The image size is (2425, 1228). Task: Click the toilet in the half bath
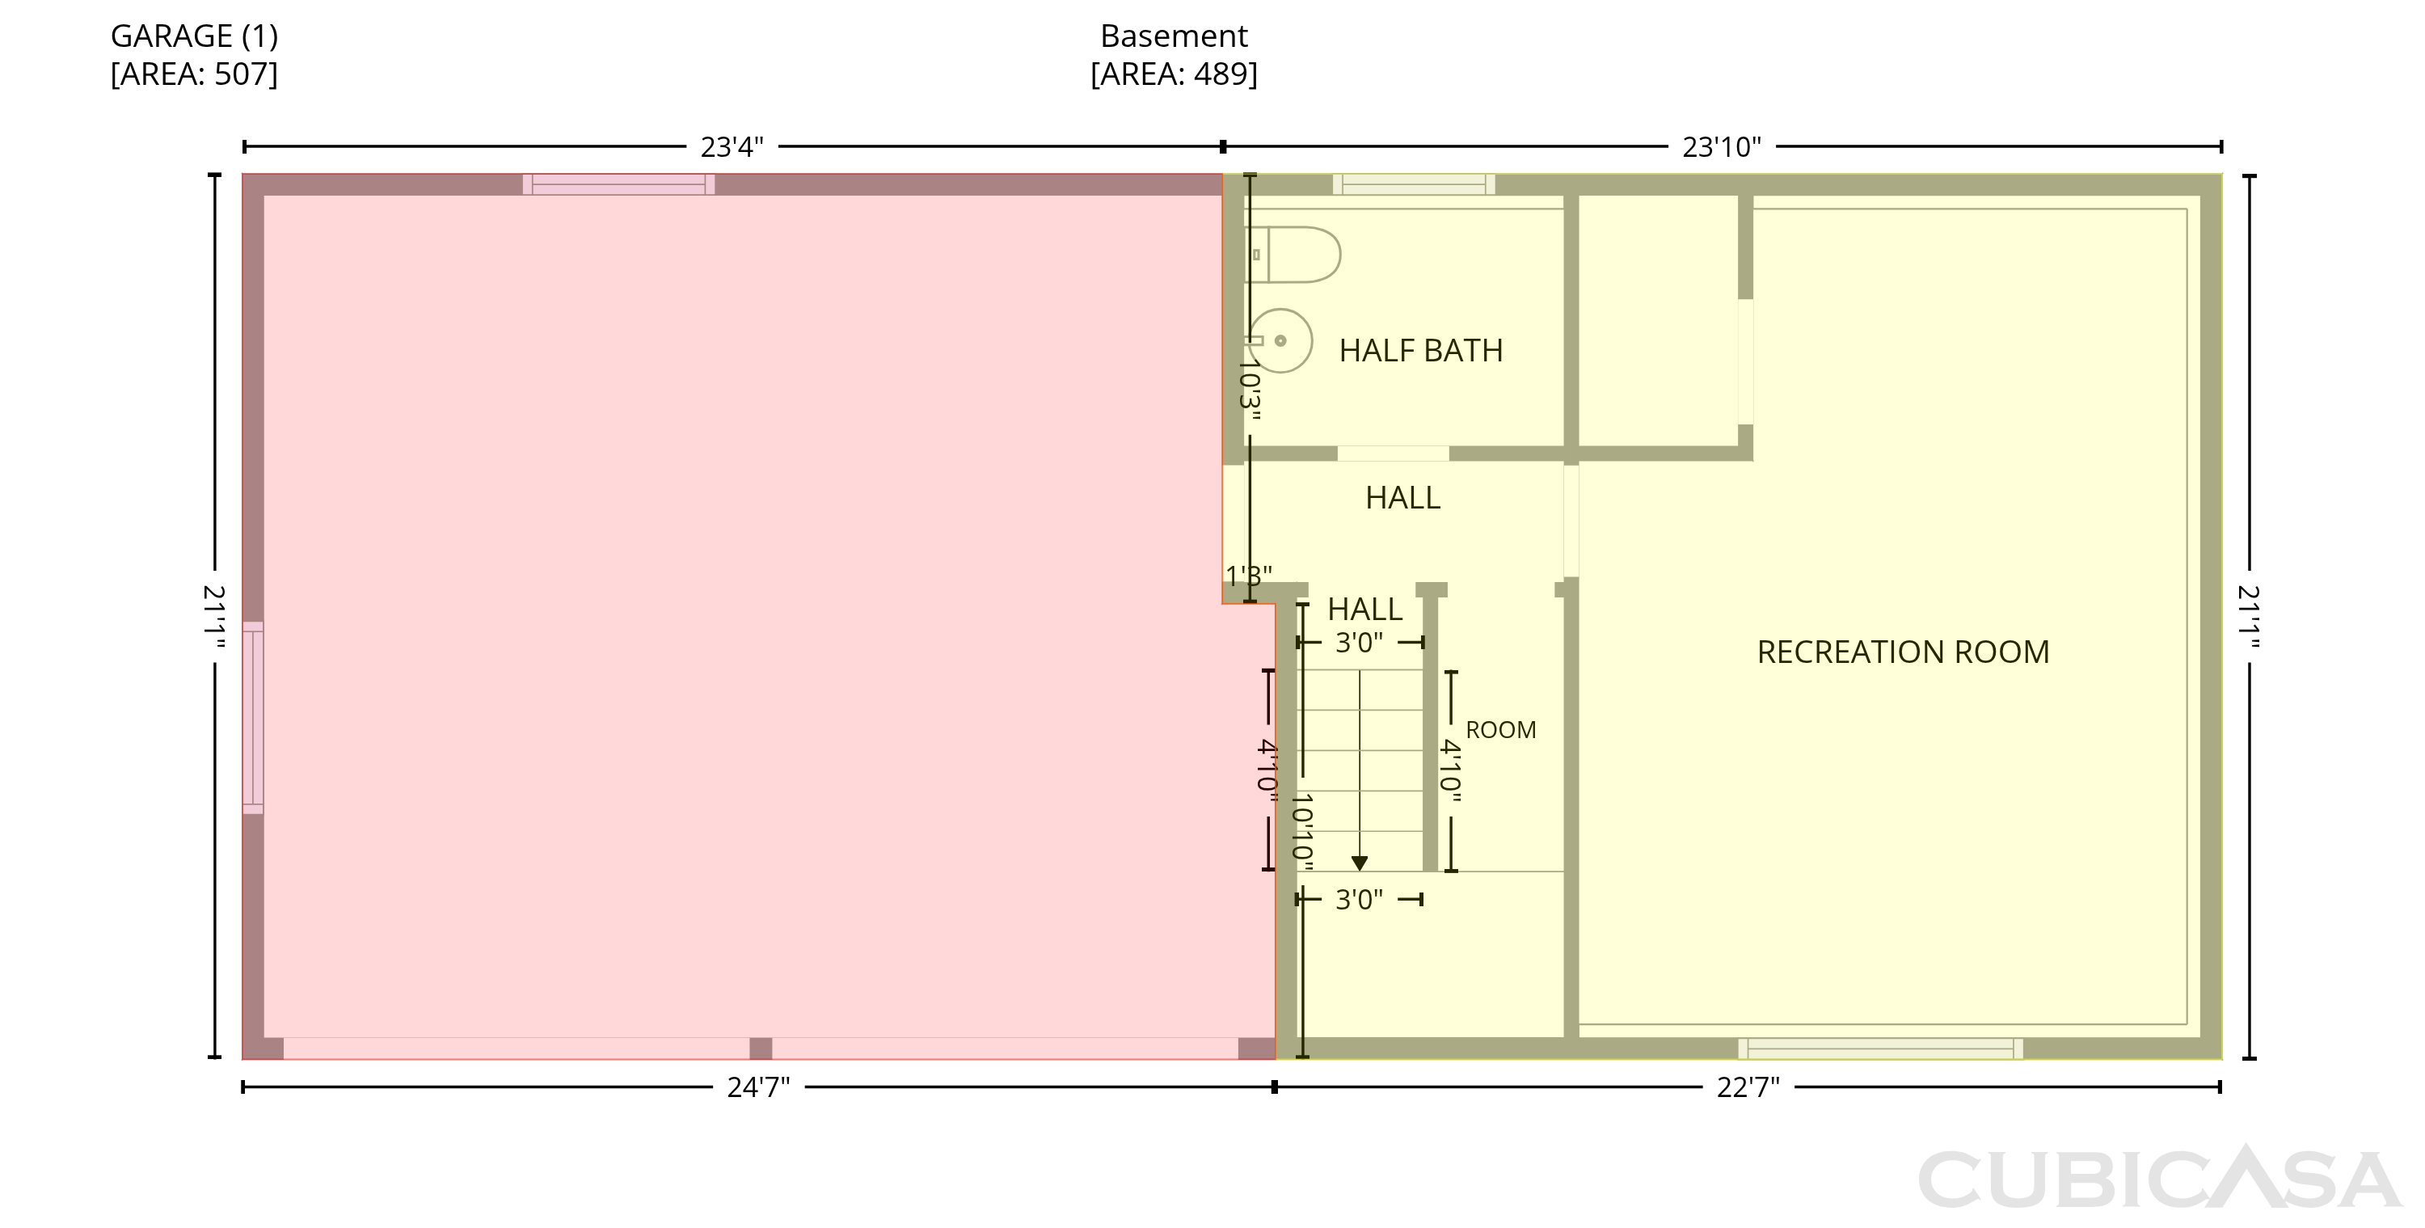[1293, 255]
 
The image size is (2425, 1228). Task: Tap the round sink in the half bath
[1280, 341]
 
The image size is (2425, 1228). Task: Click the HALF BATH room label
[1420, 350]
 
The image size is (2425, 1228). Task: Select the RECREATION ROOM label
[1903, 652]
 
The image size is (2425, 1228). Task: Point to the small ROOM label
[1500, 730]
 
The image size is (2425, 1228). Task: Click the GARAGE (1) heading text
[194, 36]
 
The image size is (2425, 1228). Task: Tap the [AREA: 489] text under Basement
[1174, 74]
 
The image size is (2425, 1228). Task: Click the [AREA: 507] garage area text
[194, 74]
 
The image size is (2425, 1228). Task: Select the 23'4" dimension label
[732, 147]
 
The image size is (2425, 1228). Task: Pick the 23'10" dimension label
[1722, 147]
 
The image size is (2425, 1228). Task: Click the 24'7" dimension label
[758, 1087]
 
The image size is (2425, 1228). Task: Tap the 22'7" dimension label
[1748, 1087]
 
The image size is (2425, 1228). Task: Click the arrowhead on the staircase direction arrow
[1360, 863]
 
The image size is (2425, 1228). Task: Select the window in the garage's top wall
[618, 184]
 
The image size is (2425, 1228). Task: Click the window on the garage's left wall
[253, 718]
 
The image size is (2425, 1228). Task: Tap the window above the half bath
[1414, 184]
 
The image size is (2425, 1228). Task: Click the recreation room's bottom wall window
[1880, 1049]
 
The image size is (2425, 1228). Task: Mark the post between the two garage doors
[761, 1049]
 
